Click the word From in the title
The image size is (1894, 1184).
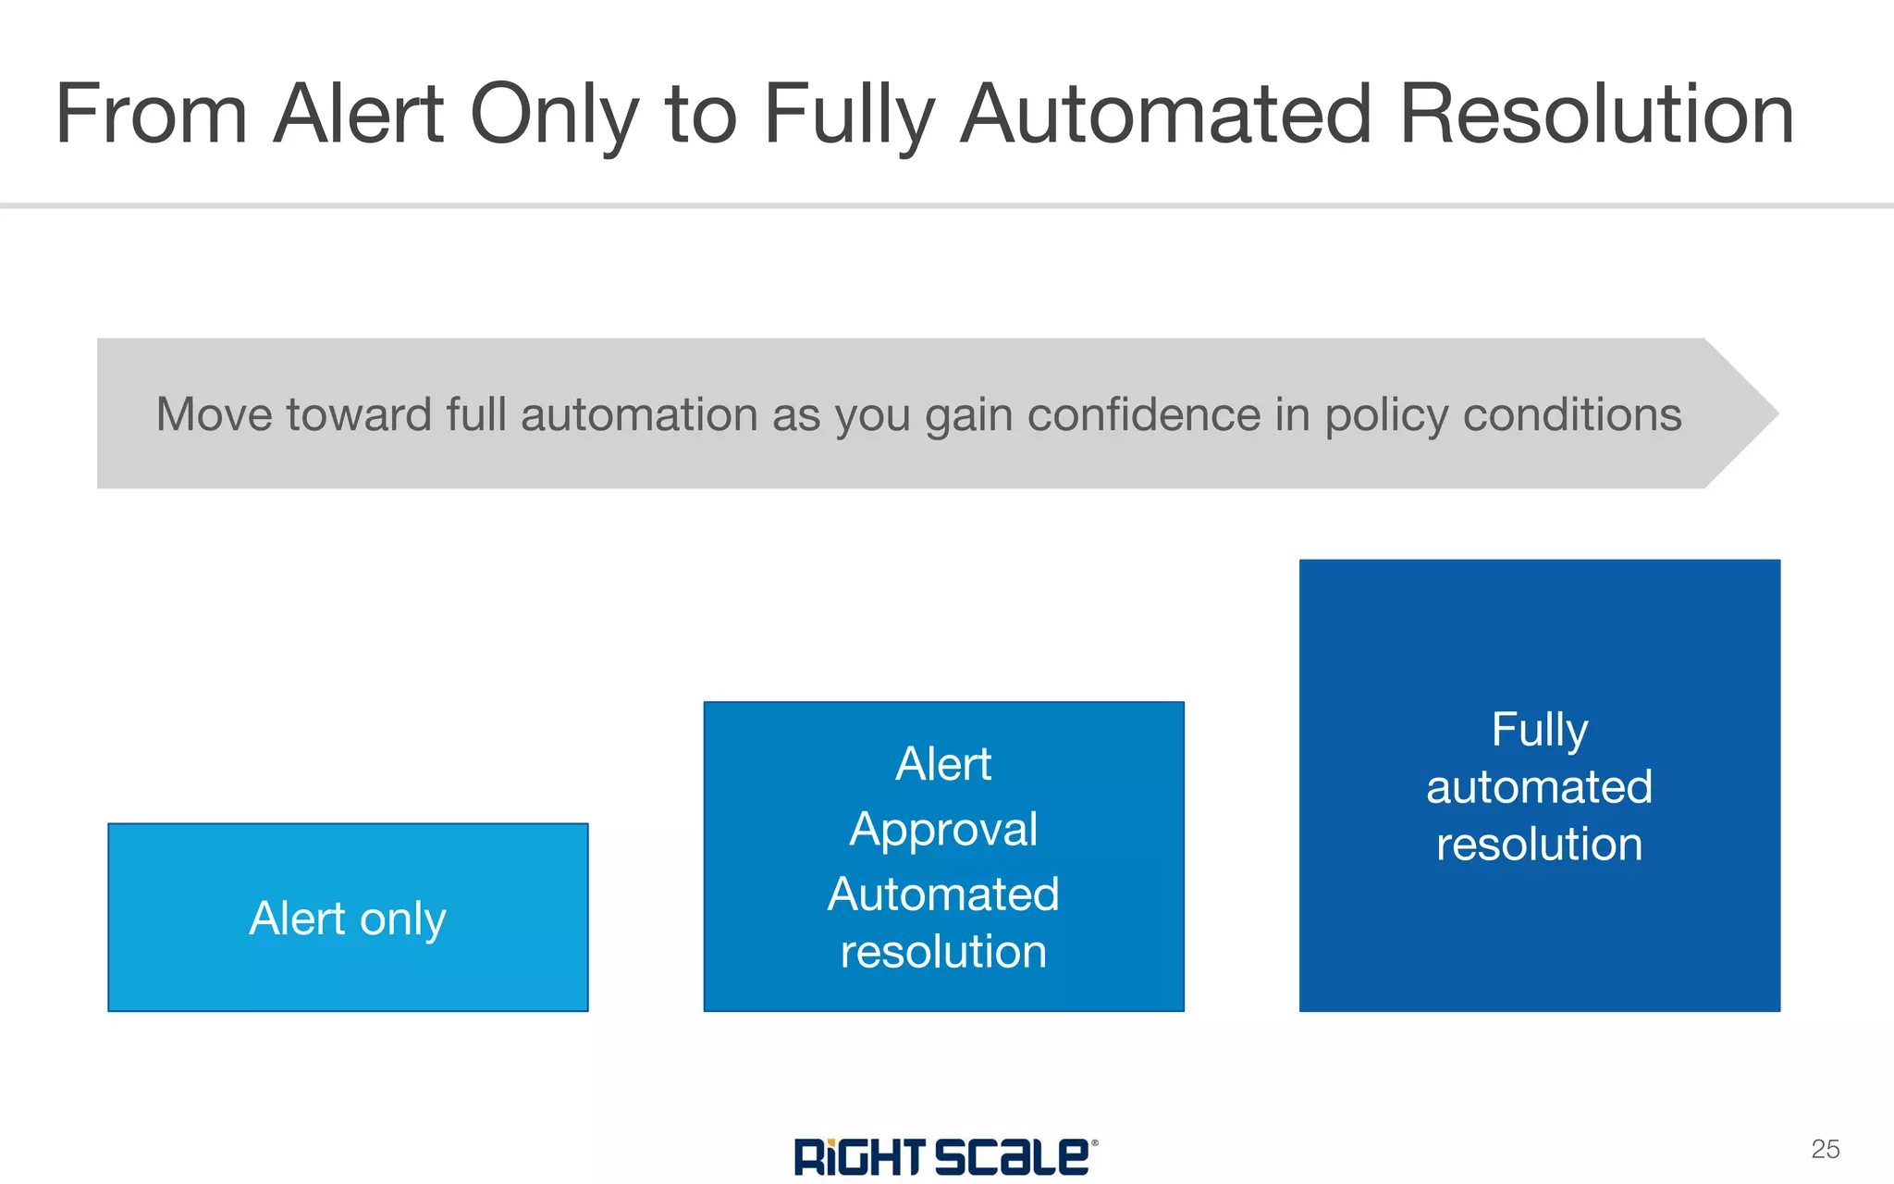tap(151, 115)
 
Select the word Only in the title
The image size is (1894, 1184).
tap(554, 115)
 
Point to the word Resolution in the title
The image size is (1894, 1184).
tap(1596, 115)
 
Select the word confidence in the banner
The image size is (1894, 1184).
tap(1144, 414)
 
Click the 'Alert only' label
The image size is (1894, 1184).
tap(348, 919)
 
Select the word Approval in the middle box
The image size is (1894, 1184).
tap(943, 830)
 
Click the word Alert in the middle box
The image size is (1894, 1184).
tap(943, 764)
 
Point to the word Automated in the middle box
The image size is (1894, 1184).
tap(943, 894)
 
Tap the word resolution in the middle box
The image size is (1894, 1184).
tap(943, 952)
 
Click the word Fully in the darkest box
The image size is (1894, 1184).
tap(1540, 731)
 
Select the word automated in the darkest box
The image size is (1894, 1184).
tap(1540, 787)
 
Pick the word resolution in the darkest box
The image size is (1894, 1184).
tap(1540, 845)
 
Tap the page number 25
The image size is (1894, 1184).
tap(1825, 1149)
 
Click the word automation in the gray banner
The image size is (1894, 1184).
tap(639, 414)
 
